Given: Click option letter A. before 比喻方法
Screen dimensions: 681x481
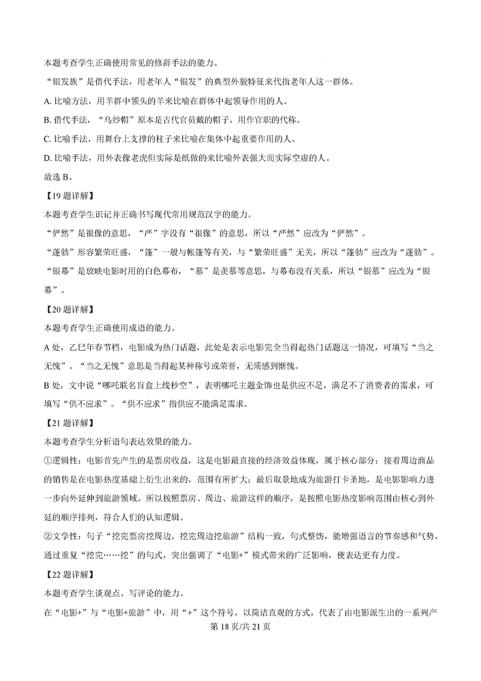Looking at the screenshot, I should (x=49, y=98).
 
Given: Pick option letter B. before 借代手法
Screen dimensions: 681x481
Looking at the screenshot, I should (x=49, y=117).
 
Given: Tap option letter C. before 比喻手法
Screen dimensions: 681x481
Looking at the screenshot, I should (x=49, y=137).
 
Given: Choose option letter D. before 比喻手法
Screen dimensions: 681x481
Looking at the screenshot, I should (x=49, y=156).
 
